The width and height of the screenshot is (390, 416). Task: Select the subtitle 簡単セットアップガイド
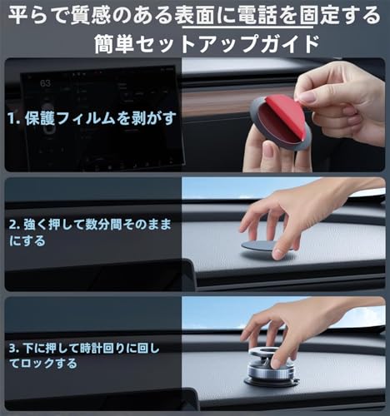point(195,42)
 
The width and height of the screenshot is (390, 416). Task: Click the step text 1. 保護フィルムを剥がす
point(92,118)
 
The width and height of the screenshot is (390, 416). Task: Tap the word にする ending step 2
point(25,241)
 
